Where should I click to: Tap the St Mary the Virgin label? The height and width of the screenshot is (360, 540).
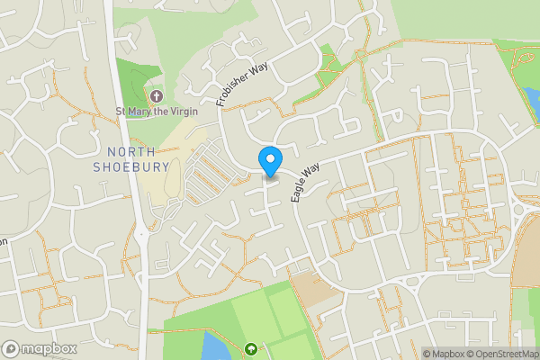tap(157, 112)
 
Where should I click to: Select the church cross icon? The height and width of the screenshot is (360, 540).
tap(157, 95)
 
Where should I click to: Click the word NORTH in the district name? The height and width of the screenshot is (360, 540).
tap(132, 151)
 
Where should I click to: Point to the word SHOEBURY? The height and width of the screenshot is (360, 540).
tap(131, 166)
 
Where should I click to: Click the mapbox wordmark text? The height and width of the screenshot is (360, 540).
tap(49, 348)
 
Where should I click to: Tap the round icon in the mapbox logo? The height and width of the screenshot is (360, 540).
tap(11, 348)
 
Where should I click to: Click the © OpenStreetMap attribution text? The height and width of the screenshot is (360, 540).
tap(505, 354)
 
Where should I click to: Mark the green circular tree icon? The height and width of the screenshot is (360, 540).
tap(250, 349)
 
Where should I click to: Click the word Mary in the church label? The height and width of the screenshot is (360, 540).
tap(147, 112)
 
